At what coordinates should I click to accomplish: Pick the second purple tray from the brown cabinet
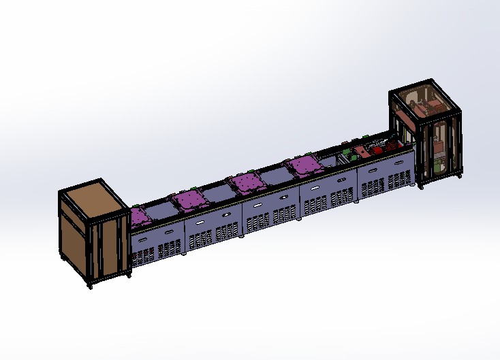[190, 199]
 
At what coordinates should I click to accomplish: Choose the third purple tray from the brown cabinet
[248, 182]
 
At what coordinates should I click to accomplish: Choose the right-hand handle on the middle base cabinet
[283, 197]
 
